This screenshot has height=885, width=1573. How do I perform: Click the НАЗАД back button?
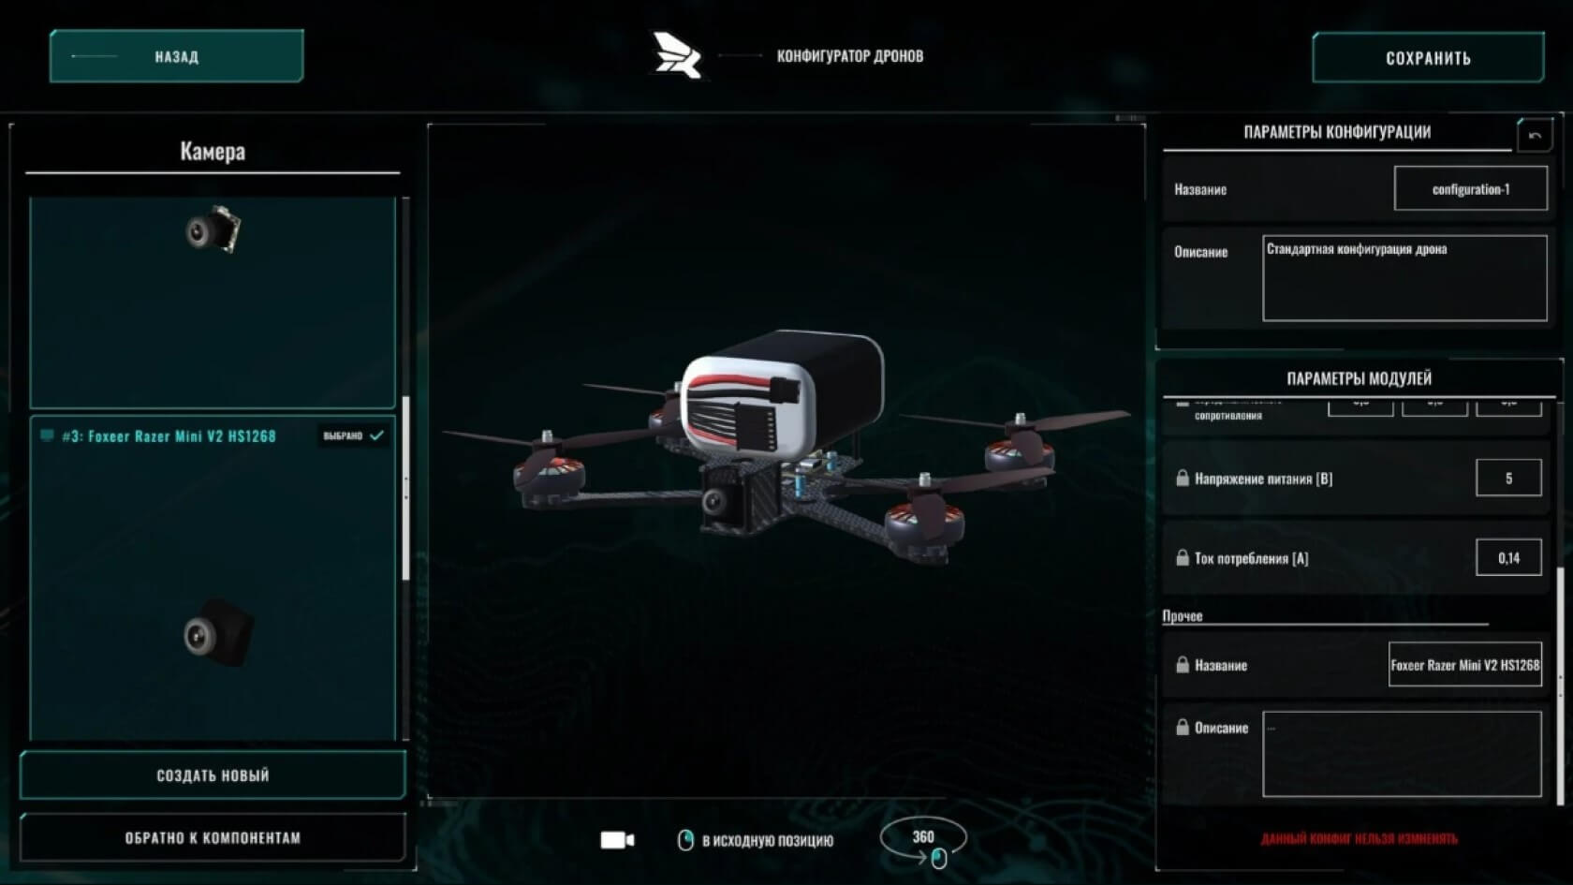(x=176, y=56)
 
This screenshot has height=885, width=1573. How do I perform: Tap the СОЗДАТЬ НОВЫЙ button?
(x=213, y=774)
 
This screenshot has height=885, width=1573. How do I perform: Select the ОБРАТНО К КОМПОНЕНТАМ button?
(x=213, y=837)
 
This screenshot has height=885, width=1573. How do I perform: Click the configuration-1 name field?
(x=1470, y=189)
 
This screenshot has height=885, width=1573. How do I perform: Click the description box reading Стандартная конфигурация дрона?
(x=1404, y=278)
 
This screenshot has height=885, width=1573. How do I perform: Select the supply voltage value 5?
(x=1507, y=479)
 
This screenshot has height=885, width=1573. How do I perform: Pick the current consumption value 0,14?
(x=1507, y=558)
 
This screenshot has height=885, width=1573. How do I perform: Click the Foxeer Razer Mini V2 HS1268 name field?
(x=1464, y=665)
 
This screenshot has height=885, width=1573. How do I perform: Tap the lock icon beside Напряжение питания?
(x=1183, y=479)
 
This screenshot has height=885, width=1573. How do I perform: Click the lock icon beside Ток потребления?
(x=1183, y=558)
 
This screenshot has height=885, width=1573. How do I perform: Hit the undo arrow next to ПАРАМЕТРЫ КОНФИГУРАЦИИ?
(x=1535, y=136)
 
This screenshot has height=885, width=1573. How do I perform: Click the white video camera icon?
(x=616, y=840)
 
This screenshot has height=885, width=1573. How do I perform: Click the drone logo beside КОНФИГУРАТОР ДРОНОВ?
(x=677, y=56)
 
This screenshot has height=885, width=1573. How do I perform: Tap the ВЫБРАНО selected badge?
(x=352, y=435)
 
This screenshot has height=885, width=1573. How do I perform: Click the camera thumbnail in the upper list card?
(x=213, y=229)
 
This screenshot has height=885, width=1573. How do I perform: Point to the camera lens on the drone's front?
(x=716, y=501)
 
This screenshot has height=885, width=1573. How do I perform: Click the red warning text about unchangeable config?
(x=1359, y=838)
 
